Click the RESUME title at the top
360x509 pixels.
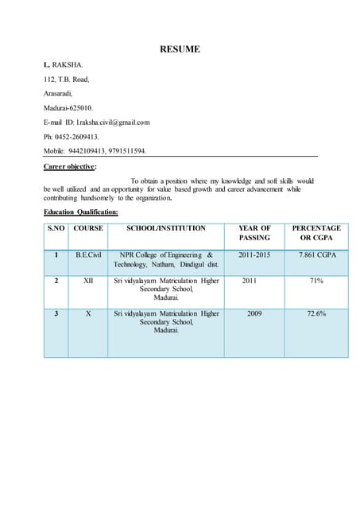point(180,49)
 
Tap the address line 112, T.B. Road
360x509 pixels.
point(67,79)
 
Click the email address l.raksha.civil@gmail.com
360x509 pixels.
point(113,122)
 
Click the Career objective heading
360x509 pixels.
point(70,167)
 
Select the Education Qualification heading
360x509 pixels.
point(80,212)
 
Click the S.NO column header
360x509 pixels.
point(56,228)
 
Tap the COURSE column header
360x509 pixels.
point(88,228)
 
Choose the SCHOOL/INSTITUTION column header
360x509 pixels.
point(166,228)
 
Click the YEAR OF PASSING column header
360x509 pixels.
point(254,233)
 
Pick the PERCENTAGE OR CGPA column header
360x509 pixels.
point(316,233)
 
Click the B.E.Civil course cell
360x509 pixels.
point(88,254)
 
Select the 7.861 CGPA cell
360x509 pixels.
point(316,254)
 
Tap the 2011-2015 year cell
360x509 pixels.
point(254,254)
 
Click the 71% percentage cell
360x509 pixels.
point(316,281)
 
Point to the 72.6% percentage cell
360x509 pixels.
point(316,313)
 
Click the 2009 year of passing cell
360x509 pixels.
point(254,313)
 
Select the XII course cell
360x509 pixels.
point(88,281)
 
